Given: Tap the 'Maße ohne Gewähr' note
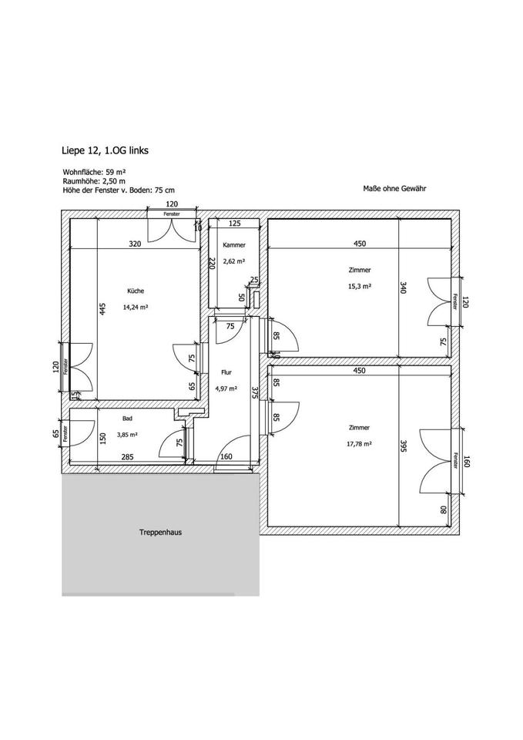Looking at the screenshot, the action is (x=394, y=188).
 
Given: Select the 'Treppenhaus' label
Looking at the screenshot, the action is (x=160, y=532).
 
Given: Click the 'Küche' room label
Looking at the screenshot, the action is (x=136, y=291).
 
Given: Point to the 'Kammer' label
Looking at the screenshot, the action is (x=234, y=245).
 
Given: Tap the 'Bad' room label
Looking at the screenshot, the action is (x=127, y=419).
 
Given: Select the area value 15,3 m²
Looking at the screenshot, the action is (x=360, y=286).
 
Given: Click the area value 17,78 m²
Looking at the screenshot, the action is (x=360, y=443).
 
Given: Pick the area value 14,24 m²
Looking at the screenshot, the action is (x=135, y=307).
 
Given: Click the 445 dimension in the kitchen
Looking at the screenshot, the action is (x=102, y=309).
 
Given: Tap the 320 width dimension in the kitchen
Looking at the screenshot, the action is (x=135, y=244).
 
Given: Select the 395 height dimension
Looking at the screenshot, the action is (x=403, y=448).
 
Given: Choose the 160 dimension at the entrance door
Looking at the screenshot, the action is (x=226, y=457).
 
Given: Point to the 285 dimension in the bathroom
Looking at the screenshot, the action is (x=127, y=457).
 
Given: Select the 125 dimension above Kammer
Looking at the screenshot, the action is (x=235, y=224).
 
